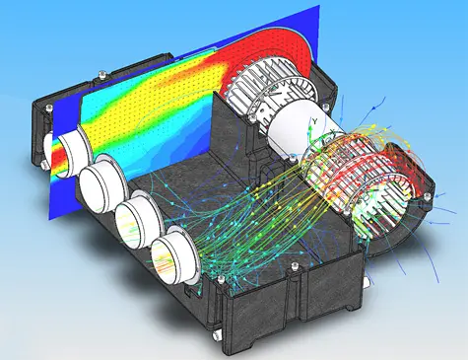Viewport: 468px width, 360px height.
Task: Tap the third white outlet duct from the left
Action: (133, 219)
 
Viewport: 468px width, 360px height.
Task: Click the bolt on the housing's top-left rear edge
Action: (101, 70)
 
